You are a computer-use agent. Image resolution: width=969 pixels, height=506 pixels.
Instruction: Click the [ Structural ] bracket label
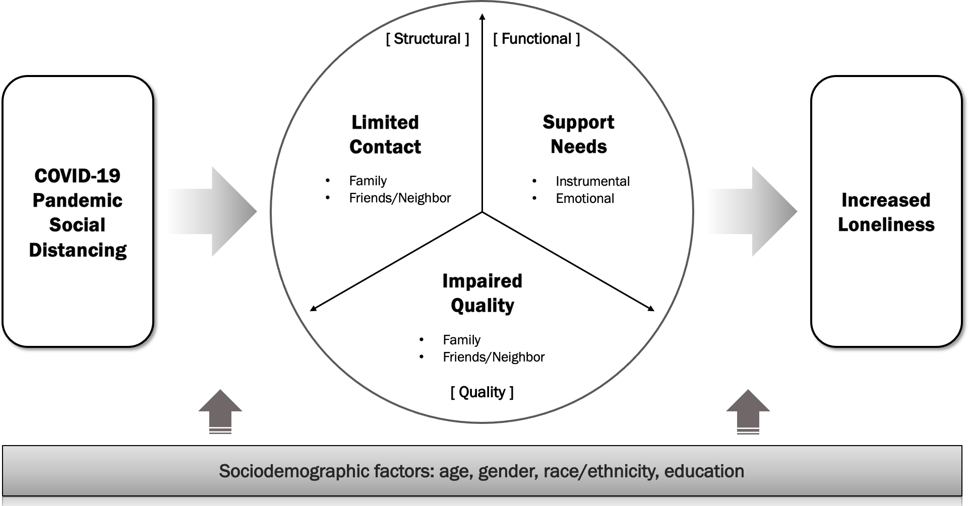click(428, 39)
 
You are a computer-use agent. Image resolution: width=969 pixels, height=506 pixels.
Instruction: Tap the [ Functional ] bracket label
click(536, 39)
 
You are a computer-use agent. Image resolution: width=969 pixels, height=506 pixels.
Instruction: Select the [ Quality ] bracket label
click(482, 392)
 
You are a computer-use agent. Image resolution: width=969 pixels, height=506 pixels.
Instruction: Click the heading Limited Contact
click(385, 134)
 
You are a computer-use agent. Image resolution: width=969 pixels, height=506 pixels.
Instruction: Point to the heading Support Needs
click(578, 134)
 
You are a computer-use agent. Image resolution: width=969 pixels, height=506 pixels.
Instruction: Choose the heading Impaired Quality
click(482, 293)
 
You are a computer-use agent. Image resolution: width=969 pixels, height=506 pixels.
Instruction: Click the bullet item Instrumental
click(592, 181)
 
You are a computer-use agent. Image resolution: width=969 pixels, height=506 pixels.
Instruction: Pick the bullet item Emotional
click(585, 198)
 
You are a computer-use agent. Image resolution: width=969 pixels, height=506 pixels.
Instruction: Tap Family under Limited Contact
click(368, 181)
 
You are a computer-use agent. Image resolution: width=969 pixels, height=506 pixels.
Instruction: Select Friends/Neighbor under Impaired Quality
click(494, 357)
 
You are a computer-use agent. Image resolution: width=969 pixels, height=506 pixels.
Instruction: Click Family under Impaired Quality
click(461, 340)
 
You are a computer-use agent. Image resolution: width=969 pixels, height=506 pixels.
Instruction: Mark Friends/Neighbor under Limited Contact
click(400, 198)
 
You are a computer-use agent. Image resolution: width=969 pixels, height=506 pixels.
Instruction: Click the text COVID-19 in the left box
click(78, 176)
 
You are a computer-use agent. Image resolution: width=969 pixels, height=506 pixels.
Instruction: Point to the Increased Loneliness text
click(886, 212)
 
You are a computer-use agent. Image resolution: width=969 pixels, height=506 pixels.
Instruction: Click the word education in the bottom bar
click(704, 471)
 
